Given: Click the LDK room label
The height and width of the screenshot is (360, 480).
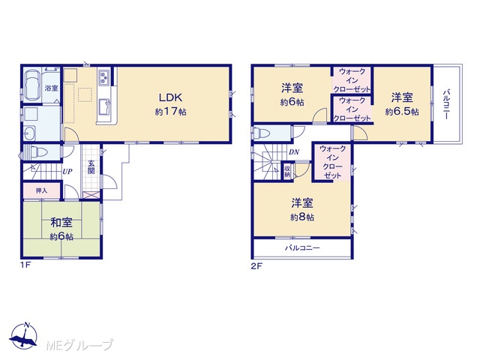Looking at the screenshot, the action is [x=170, y=97].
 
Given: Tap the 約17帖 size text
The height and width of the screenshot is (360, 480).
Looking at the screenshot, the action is [x=170, y=112].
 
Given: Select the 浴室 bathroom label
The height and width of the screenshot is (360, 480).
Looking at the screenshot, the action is [x=51, y=88].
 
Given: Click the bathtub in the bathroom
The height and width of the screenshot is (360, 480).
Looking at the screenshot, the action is [x=32, y=85].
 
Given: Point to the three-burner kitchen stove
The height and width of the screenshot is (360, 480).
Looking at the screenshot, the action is [x=103, y=76].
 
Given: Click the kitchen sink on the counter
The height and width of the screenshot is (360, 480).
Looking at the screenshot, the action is [x=105, y=107].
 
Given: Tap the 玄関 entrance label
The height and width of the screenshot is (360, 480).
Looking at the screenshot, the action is [x=91, y=167].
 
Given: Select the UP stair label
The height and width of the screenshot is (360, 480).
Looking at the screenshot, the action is [x=67, y=172].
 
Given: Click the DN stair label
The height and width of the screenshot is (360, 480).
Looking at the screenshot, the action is [x=294, y=152].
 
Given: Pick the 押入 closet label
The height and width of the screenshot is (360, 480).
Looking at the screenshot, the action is [x=42, y=190].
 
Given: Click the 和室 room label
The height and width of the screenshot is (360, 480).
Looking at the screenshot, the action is [x=61, y=223].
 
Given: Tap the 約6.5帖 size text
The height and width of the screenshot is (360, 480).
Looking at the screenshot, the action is [x=402, y=112].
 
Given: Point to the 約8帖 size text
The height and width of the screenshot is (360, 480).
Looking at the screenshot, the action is [x=302, y=217].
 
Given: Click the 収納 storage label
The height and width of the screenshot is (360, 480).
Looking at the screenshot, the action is [x=287, y=172].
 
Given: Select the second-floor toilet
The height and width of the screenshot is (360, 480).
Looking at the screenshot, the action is [x=262, y=133].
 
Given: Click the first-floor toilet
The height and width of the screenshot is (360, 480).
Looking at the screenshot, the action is [x=35, y=152].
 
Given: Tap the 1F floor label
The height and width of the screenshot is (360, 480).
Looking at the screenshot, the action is [x=25, y=265].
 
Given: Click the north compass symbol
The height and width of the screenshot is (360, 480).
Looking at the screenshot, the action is [x=23, y=335].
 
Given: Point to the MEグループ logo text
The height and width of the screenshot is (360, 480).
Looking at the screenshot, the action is [x=80, y=345].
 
